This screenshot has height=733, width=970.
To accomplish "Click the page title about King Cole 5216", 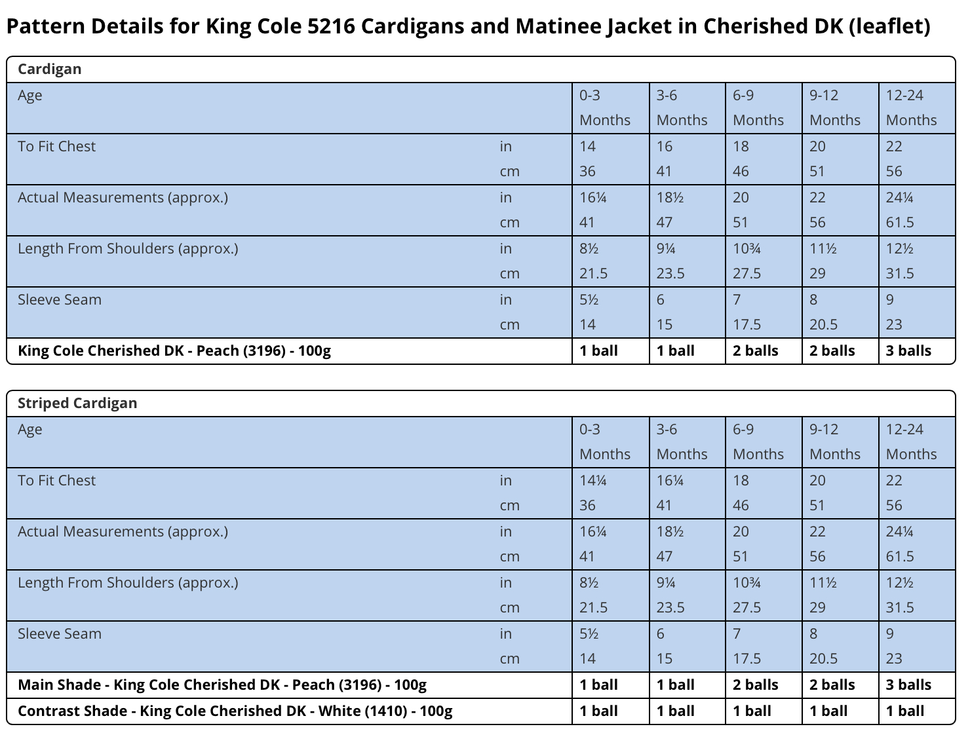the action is [469, 26].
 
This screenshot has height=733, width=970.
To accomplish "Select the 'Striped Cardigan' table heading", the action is [77, 403].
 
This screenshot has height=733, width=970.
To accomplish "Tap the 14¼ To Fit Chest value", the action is [593, 480].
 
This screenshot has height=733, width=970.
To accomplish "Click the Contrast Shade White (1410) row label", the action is [235, 711].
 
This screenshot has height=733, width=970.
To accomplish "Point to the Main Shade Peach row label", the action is [222, 685].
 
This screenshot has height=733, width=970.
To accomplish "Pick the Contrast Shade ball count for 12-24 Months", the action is [905, 711].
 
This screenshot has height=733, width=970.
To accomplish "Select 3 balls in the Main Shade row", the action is [908, 685].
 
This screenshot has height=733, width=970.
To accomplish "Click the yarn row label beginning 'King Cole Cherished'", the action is [174, 350].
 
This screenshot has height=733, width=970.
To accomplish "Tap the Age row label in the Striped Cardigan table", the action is [29, 429].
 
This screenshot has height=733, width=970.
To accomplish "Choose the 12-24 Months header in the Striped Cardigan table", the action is [911, 442].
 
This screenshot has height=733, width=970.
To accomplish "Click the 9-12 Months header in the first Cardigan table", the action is [835, 107].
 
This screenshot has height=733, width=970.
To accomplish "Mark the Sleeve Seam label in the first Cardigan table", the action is [60, 300].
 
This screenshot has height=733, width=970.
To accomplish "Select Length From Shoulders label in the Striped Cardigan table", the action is [128, 583].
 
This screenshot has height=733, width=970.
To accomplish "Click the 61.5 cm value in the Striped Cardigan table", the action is [900, 556].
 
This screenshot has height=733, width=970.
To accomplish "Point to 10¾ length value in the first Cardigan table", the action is [747, 249].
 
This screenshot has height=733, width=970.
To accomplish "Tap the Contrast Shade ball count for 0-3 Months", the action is [599, 711].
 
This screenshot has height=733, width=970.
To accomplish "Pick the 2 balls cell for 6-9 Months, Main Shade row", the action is [756, 685].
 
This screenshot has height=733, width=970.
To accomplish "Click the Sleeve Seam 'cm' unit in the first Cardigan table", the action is [509, 325].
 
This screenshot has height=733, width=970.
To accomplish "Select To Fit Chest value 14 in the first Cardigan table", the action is [588, 146].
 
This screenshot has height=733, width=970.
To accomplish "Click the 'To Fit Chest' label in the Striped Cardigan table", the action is [56, 480].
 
